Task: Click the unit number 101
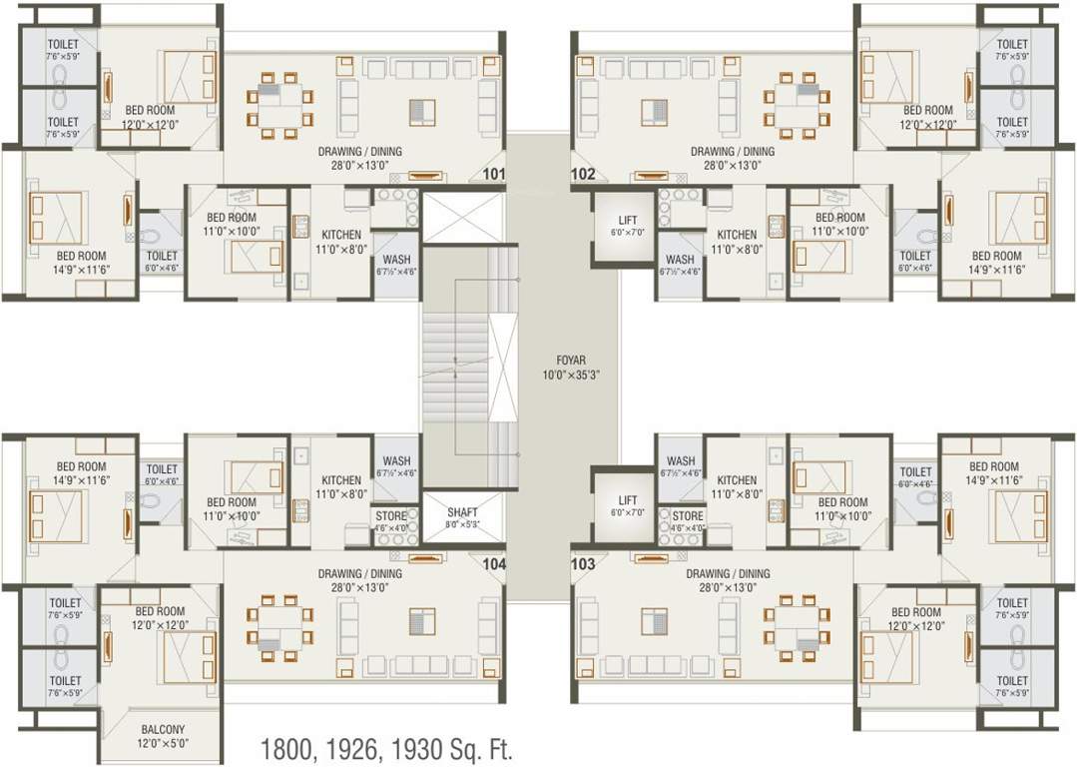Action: pyautogui.click(x=494, y=174)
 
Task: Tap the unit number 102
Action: pyautogui.click(x=583, y=174)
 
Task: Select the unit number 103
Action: pyautogui.click(x=583, y=564)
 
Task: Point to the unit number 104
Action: pyautogui.click(x=494, y=564)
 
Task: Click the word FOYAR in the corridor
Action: pyautogui.click(x=570, y=362)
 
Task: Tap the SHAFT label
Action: pyautogui.click(x=462, y=512)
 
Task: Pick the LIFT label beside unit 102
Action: pyautogui.click(x=628, y=220)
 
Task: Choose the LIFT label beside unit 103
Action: pyautogui.click(x=628, y=500)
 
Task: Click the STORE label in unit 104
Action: pyautogui.click(x=390, y=516)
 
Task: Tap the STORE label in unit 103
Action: pyautogui.click(x=687, y=516)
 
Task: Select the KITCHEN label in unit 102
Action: pyautogui.click(x=737, y=236)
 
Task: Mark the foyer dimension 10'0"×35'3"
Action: pyautogui.click(x=570, y=376)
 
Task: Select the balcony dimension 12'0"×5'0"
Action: pyautogui.click(x=161, y=743)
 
